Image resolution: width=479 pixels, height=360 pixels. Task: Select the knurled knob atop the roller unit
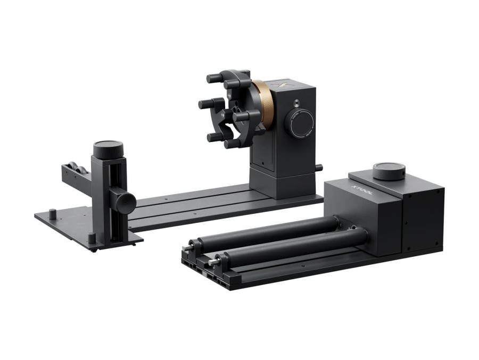[389, 171]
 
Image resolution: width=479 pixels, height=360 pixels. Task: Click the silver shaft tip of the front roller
[213, 262]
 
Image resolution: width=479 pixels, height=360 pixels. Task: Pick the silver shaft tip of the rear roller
[187, 248]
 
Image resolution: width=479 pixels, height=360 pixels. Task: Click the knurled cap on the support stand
[108, 148]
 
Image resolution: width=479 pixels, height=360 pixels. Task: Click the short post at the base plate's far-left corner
[52, 214]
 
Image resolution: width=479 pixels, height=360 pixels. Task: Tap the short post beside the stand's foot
[92, 238]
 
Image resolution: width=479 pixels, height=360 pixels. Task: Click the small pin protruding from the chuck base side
[319, 168]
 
